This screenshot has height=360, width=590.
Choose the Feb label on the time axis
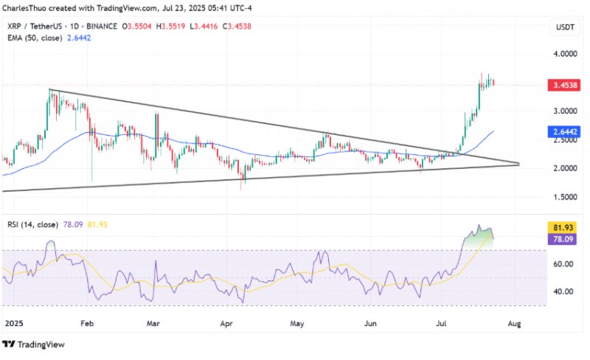pyautogui.click(x=87, y=323)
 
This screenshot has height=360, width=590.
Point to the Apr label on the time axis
pyautogui.click(x=226, y=323)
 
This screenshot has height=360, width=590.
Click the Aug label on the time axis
pyautogui.click(x=514, y=323)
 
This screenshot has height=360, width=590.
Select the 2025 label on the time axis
pyautogui.click(x=13, y=323)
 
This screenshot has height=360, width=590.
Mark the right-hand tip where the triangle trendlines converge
pyautogui.click(x=518, y=164)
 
